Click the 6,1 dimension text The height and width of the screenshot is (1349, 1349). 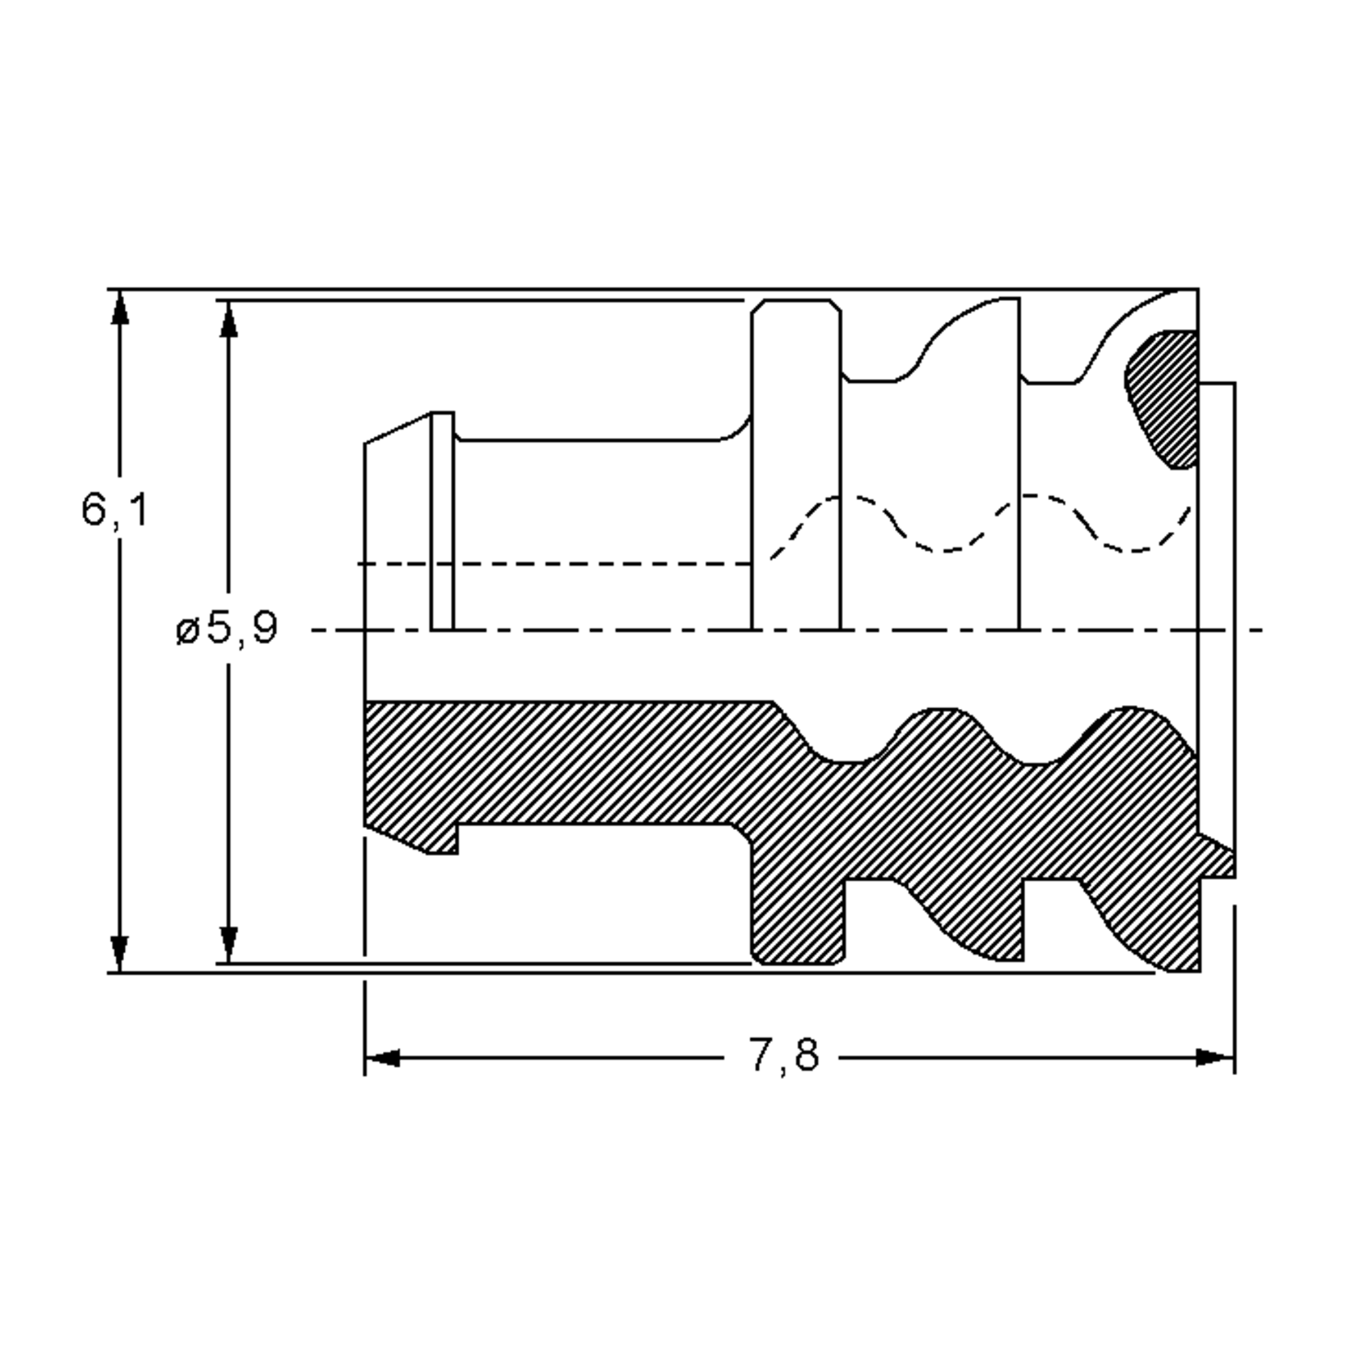pos(115,510)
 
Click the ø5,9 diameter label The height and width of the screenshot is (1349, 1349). pos(227,628)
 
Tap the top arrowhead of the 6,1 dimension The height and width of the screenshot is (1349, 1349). pos(120,307)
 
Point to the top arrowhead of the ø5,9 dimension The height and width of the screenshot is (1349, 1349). pos(229,319)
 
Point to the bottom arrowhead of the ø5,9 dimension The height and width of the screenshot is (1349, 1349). pos(229,945)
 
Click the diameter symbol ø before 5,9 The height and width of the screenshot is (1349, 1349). pos(188,631)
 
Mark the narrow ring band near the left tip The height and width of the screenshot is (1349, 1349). pos(442,520)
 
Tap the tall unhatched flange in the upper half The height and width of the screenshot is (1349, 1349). pos(796,464)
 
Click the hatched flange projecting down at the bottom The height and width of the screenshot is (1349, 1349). pos(798,908)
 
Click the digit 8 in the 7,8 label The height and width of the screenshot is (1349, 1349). pos(806,1055)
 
